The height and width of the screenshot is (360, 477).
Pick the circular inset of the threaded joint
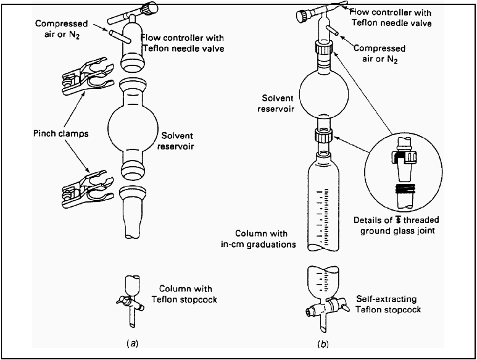(x=401, y=172)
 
